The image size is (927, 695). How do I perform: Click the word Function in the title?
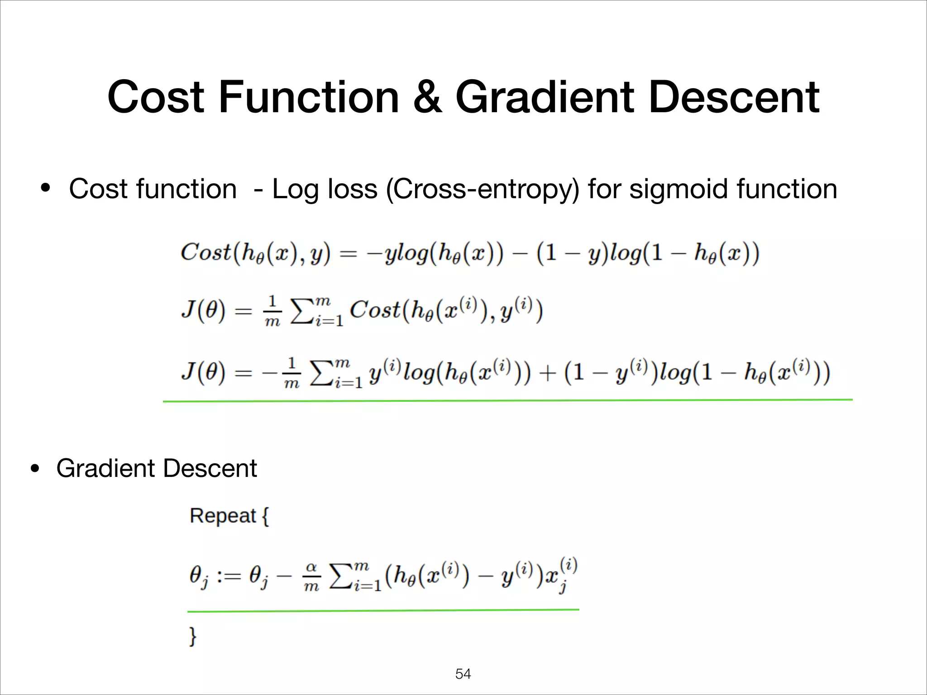[x=309, y=97]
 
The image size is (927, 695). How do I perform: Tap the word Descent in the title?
[x=733, y=97]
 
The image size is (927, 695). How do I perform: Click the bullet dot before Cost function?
[x=45, y=187]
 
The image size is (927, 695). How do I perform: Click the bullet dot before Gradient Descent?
[x=34, y=469]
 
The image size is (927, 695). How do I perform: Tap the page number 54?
[x=463, y=674]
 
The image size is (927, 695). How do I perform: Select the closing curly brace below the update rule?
[x=193, y=636]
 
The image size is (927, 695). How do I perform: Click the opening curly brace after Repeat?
[x=265, y=516]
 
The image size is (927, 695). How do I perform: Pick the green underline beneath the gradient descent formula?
[x=383, y=610]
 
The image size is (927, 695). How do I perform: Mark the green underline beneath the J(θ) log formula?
[x=507, y=400]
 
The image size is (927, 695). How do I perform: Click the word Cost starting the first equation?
[x=206, y=252]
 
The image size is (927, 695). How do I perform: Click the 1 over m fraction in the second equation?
[x=272, y=311]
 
